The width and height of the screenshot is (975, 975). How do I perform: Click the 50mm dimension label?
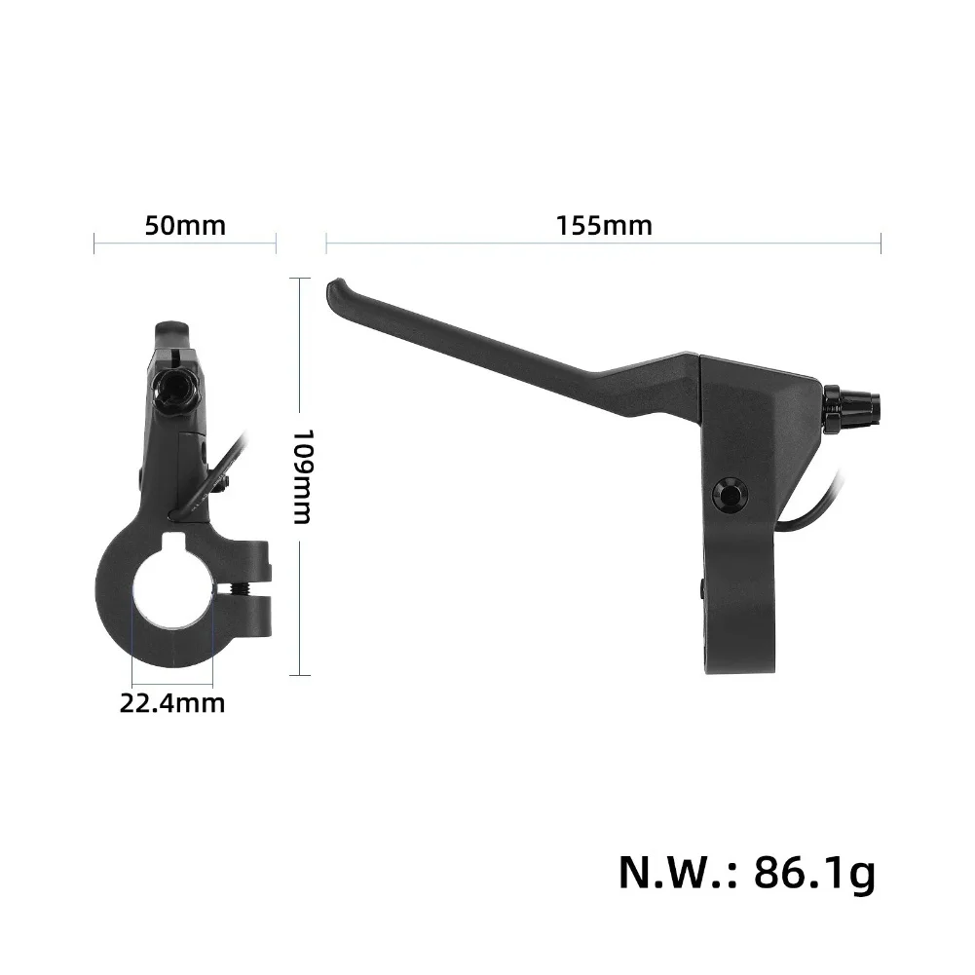pyautogui.click(x=185, y=226)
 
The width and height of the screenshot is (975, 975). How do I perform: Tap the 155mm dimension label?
pyautogui.click(x=604, y=226)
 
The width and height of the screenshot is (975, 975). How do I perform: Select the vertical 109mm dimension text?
pyautogui.click(x=303, y=476)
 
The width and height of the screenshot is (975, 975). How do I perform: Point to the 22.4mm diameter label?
pyautogui.click(x=172, y=703)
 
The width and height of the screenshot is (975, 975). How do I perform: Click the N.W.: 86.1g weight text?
pyautogui.click(x=747, y=873)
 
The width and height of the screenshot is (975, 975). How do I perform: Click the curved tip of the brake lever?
pyautogui.click(x=336, y=291)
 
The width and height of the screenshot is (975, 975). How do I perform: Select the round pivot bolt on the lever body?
pyautogui.click(x=730, y=495)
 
